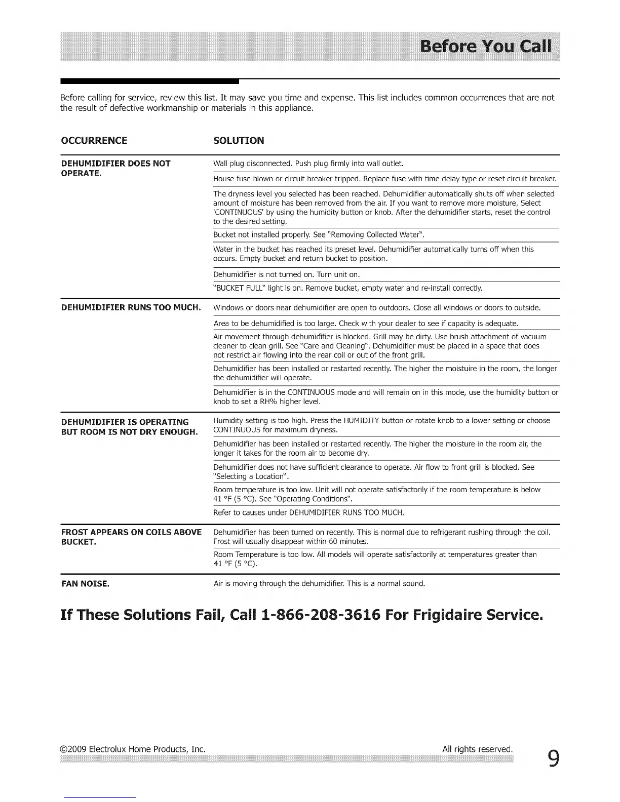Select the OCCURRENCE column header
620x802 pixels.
pyautogui.click(x=94, y=141)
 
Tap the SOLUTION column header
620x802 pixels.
pyautogui.click(x=239, y=141)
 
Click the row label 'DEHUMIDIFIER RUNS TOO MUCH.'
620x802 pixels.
pyautogui.click(x=131, y=307)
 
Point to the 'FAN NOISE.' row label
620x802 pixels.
pyautogui.click(x=85, y=584)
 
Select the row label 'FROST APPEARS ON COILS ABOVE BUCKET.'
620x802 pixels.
pyautogui.click(x=131, y=537)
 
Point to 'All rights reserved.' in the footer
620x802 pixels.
pyautogui.click(x=477, y=749)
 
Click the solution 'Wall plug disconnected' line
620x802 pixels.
pyautogui.click(x=308, y=164)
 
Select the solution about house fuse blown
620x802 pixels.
pyautogui.click(x=384, y=179)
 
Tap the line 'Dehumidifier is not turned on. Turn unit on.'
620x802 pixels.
pyautogui.click(x=286, y=274)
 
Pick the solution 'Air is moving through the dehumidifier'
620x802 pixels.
pyautogui.click(x=319, y=584)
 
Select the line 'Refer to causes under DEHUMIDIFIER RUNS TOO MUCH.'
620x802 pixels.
pyautogui.click(x=309, y=513)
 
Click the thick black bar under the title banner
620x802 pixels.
pyautogui.click(x=149, y=81)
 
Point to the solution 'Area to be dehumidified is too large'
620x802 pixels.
pyautogui.click(x=366, y=324)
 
